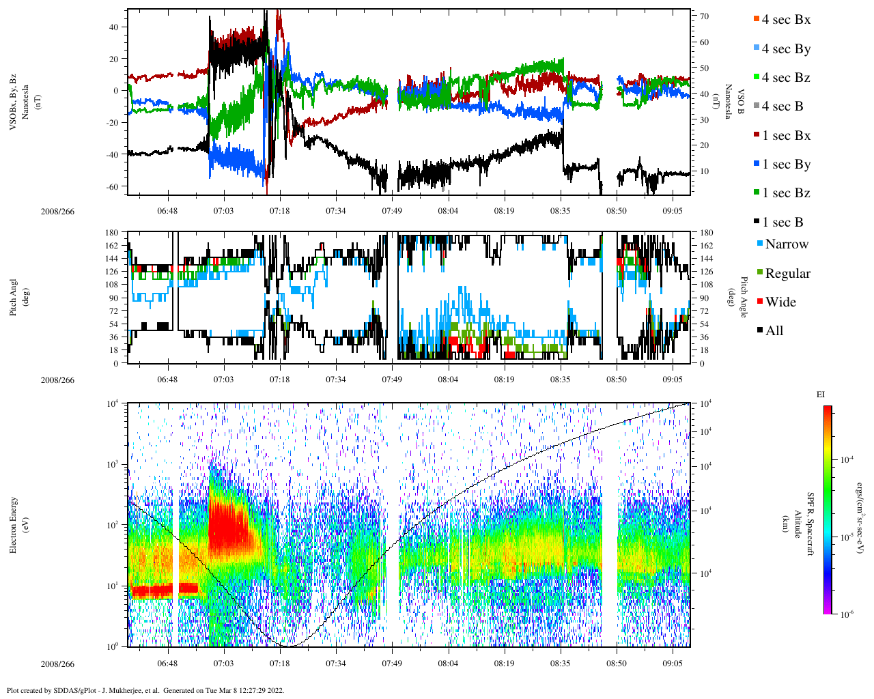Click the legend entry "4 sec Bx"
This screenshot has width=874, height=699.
click(x=786, y=20)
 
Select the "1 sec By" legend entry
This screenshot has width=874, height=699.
click(x=786, y=165)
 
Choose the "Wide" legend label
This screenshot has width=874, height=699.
click(x=780, y=302)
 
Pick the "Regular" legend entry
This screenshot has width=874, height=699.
click(x=787, y=274)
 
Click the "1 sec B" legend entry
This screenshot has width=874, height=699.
click(x=783, y=223)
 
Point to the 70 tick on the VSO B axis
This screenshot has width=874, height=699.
click(x=704, y=16)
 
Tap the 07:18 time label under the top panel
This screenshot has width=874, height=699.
click(x=279, y=211)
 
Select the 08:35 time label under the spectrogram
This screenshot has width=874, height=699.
click(x=560, y=664)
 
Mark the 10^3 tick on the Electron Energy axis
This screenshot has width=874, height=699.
click(x=113, y=464)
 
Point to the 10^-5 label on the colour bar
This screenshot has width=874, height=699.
click(x=847, y=537)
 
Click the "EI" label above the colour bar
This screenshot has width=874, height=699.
click(x=821, y=395)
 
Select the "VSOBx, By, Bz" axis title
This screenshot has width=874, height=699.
click(x=14, y=102)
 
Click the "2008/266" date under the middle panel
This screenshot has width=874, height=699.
click(x=57, y=380)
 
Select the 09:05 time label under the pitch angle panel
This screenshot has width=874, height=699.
click(x=673, y=380)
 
